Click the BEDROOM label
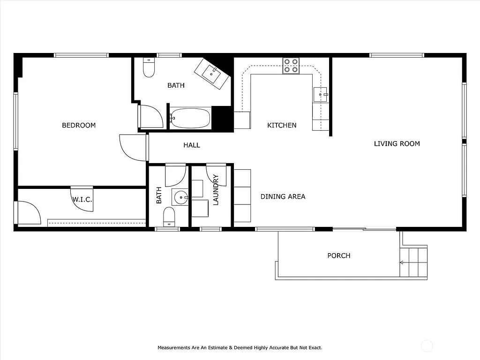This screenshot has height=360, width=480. (79, 125)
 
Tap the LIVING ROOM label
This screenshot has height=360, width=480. (397, 143)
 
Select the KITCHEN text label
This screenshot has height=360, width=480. (282, 125)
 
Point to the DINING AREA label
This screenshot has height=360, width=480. (283, 196)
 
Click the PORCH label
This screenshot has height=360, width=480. (338, 255)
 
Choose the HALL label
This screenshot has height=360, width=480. (191, 145)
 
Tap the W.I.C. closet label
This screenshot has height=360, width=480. (82, 200)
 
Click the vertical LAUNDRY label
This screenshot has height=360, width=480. (216, 190)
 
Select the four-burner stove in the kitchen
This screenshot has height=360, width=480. (291, 66)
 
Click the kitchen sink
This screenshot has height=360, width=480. (320, 94)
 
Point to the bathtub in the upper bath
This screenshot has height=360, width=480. (190, 118)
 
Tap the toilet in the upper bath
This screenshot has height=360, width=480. (149, 68)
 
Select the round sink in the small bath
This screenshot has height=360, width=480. (180, 198)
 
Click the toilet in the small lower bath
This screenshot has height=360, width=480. (169, 217)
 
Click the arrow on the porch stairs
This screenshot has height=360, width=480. (402, 262)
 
